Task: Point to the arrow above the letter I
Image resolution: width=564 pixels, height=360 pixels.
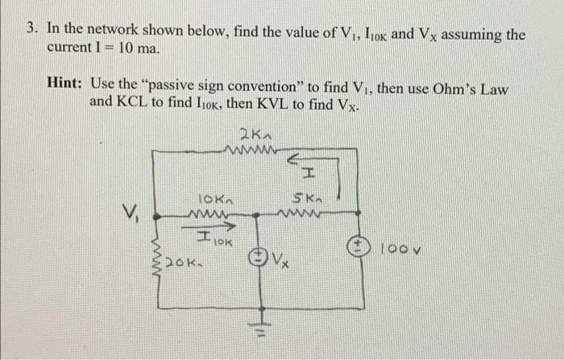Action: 304,159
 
